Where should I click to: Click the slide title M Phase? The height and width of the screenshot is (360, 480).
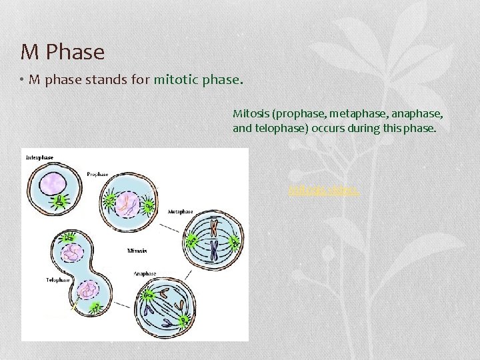[x=63, y=51]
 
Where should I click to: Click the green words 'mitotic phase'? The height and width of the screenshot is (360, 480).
[x=195, y=81]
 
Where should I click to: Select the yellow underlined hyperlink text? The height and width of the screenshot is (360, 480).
[x=325, y=191]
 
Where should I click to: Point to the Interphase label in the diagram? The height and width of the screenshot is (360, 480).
[x=39, y=157]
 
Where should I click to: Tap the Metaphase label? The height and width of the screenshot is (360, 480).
[x=180, y=211]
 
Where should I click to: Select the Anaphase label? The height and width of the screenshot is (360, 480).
[x=145, y=273]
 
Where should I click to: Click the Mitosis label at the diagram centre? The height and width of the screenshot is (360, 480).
[x=137, y=251]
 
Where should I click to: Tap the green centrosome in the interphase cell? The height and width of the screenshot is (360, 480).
[x=59, y=200]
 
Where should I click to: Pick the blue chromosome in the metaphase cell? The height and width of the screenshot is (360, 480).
[x=215, y=250]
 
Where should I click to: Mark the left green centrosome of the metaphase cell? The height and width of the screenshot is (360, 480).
[x=192, y=239]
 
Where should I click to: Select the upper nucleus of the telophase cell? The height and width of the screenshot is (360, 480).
[x=71, y=253]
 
